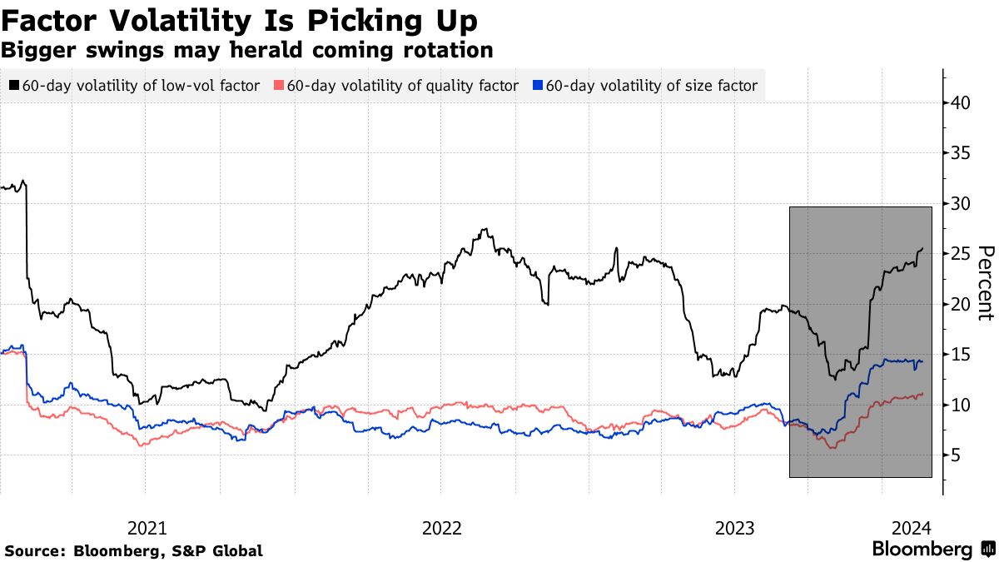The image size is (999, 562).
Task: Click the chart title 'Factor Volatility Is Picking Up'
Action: tap(239, 19)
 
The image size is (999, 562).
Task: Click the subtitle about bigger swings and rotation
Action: tap(246, 50)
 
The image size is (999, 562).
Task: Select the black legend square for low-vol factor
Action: tap(15, 86)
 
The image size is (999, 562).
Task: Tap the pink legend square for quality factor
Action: tap(280, 86)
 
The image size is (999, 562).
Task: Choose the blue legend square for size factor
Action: tap(538, 86)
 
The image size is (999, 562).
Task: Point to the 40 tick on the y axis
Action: tap(960, 103)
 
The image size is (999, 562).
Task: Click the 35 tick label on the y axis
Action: tap(960, 153)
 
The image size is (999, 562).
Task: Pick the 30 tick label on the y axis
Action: tap(960, 204)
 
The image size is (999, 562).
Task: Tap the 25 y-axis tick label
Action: tap(960, 254)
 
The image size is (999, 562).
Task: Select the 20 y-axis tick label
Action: tap(960, 304)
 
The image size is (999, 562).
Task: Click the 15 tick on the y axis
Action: tap(960, 355)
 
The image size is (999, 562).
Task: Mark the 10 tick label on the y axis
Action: tap(960, 405)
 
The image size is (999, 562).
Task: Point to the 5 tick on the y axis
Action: tap(956, 455)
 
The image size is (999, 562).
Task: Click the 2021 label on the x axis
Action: tap(147, 528)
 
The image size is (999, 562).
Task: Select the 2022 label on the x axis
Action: tap(441, 528)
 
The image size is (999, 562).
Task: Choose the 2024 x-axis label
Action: tap(912, 528)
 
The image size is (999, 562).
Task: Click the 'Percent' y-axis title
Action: tap(986, 282)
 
